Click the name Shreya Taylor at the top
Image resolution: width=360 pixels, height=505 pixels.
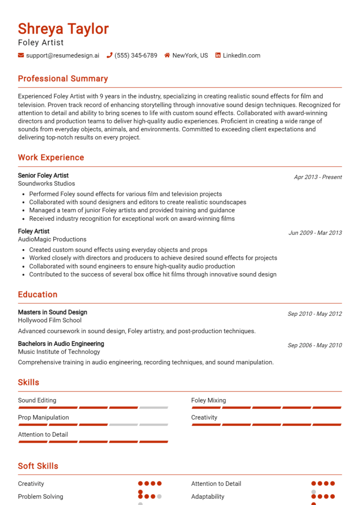coord(63,29)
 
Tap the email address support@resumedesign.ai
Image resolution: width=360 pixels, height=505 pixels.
coord(62,55)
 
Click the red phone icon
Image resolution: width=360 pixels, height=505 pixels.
coord(110,55)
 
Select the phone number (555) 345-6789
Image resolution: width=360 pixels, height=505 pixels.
coord(136,55)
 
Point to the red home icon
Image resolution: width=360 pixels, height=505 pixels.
coord(167,55)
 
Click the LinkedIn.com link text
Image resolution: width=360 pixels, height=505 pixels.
coord(241,55)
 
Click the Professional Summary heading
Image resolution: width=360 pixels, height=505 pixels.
coord(63,79)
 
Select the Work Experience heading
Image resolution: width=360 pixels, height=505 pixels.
coord(51,157)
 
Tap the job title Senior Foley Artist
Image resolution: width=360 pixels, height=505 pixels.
coord(43,176)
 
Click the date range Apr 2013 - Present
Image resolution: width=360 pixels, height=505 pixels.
coord(318,177)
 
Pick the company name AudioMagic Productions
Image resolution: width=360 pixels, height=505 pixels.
coord(52,239)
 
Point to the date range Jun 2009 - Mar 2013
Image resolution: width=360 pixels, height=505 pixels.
coord(315,233)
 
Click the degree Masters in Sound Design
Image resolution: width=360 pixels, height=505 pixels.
coord(52,312)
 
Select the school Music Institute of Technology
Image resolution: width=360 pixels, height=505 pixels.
coord(59,352)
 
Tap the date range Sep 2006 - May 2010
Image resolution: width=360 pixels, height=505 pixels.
coord(315,345)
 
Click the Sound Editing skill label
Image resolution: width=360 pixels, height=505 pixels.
coord(37,401)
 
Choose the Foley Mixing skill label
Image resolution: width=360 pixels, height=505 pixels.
coord(209,401)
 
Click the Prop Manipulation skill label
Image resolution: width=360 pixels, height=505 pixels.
coord(43,417)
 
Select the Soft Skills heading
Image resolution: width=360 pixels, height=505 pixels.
coord(38,466)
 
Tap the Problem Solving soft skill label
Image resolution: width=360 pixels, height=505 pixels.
coord(40,497)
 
